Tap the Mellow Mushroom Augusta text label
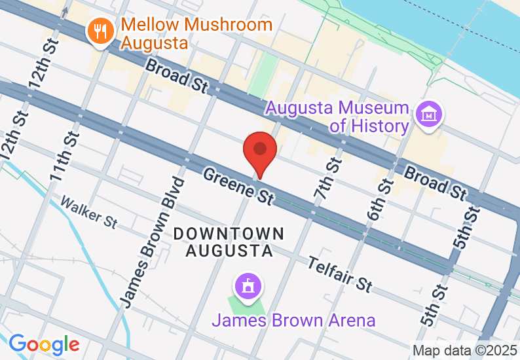point(196,34)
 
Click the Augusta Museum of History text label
point(337,116)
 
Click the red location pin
point(260,153)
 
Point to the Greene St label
point(238,186)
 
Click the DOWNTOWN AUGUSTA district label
point(229,242)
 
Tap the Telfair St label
point(341,274)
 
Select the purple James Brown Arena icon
point(248,287)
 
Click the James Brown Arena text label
point(293,320)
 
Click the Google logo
point(44,344)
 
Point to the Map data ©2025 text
point(464,350)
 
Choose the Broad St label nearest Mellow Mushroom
point(176,75)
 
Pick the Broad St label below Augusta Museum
point(435,183)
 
